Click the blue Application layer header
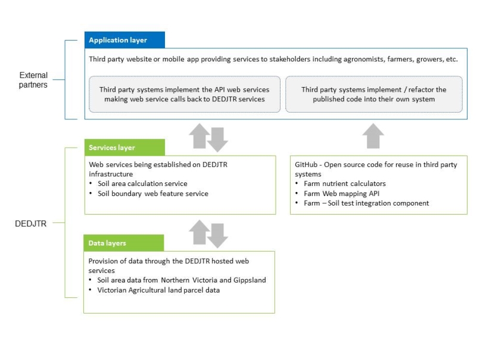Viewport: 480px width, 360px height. coord(124,40)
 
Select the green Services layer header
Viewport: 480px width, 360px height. coord(124,147)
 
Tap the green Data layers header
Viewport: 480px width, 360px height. coord(124,243)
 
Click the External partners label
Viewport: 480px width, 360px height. coord(33,80)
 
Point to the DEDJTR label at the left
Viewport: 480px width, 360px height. coord(30,224)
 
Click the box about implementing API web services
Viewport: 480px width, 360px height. coord(185,94)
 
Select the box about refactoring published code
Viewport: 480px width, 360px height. coord(374,94)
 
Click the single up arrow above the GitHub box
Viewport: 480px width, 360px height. coord(373,136)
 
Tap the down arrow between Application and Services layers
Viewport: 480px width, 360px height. coord(217,139)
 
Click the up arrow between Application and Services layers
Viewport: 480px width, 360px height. coord(200,136)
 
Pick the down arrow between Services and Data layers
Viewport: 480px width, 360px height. coord(217,236)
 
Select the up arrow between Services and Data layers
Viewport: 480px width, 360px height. coord(200,232)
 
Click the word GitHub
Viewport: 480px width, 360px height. coord(306,165)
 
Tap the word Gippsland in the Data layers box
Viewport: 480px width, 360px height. coord(250,280)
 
